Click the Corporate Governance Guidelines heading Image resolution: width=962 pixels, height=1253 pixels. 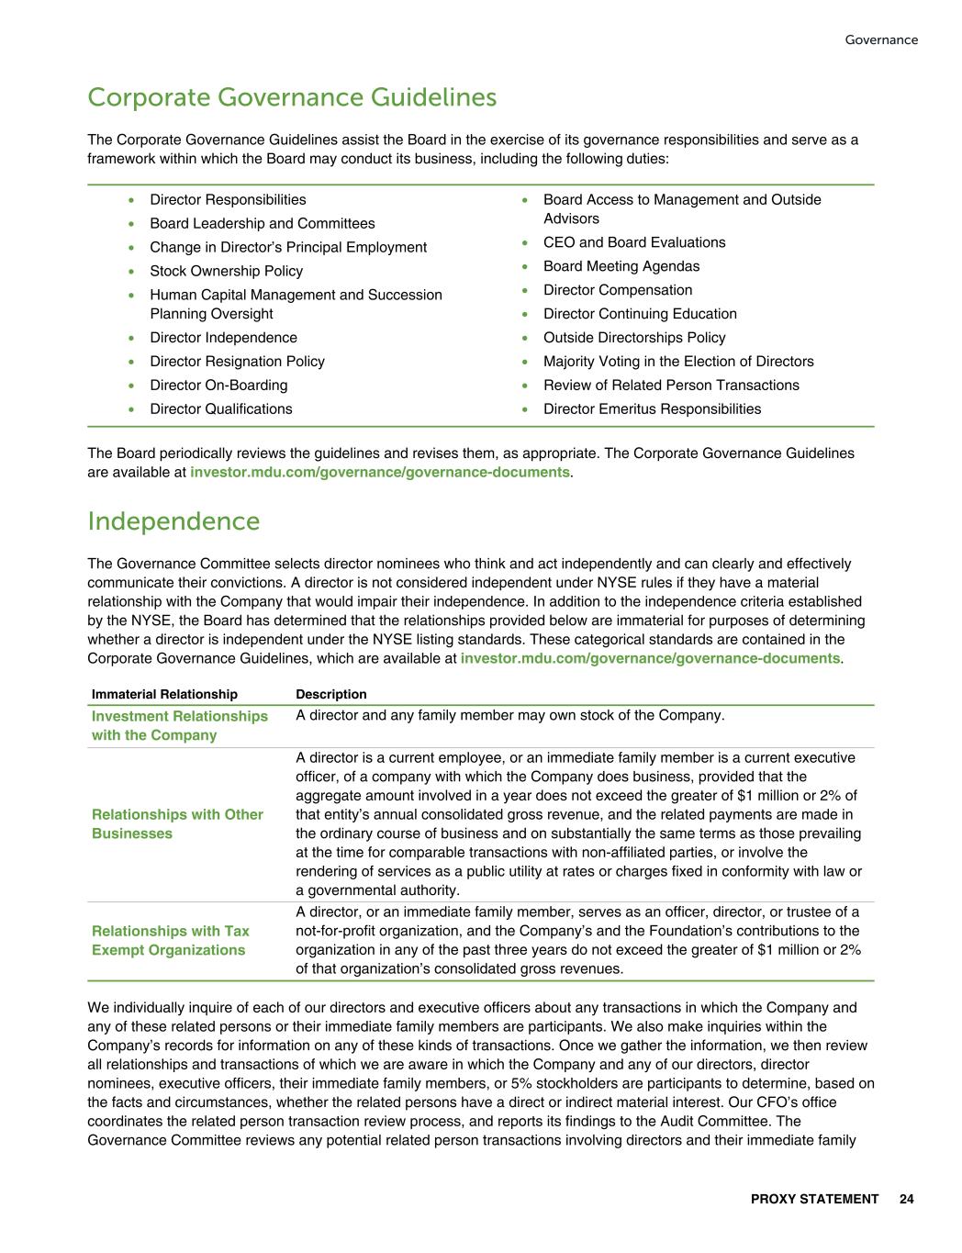coord(292,97)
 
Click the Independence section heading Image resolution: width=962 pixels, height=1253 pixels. coord(173,521)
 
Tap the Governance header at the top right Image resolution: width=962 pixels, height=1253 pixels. coord(880,39)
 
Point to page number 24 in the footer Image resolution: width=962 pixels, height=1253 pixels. coord(906,1199)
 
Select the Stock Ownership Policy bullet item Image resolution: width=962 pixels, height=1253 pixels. coord(226,271)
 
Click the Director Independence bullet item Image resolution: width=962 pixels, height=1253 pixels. coord(223,338)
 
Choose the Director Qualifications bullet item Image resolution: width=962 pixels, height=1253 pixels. coord(221,409)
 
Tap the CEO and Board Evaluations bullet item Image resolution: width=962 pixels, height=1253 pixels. coord(633,242)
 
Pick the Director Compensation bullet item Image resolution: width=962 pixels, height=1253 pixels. coord(617,290)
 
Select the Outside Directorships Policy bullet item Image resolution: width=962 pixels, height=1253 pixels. coord(633,338)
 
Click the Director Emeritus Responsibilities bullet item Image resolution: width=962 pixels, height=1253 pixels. coord(652,409)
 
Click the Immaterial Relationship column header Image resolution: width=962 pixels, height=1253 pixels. coord(164,694)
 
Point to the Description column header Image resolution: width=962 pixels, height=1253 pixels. coord(330,694)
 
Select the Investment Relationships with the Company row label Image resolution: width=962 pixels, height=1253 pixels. coord(179,725)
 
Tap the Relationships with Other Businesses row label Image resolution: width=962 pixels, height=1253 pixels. coord(177,823)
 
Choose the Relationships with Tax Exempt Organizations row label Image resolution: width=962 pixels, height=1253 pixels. coord(170,940)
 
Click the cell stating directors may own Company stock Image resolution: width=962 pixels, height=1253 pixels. coord(509,715)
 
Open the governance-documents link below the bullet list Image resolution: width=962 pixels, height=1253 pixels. coord(379,472)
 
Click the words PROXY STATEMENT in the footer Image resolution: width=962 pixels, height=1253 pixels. coord(814,1199)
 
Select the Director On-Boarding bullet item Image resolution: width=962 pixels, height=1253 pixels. coord(218,386)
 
